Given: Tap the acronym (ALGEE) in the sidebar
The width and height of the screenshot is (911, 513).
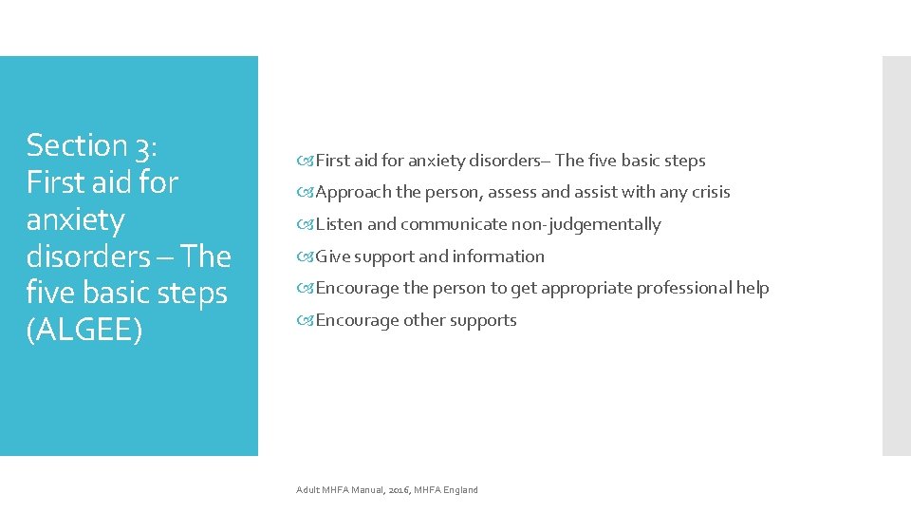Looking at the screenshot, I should point(84,331).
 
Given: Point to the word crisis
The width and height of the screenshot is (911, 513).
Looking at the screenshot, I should point(710,192).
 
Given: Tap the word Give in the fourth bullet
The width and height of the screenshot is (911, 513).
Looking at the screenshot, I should point(332,256).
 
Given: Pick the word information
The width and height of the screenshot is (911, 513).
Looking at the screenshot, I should point(499,256).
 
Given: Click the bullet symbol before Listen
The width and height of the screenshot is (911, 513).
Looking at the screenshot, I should point(306,225).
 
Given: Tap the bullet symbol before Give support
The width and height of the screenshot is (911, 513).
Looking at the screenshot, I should point(306,257).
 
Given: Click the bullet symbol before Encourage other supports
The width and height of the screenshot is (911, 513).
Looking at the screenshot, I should point(306,321).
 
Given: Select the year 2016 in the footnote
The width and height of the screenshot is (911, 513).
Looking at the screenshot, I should point(399,490).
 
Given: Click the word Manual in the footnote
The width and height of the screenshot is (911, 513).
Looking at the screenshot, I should point(366,490).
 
